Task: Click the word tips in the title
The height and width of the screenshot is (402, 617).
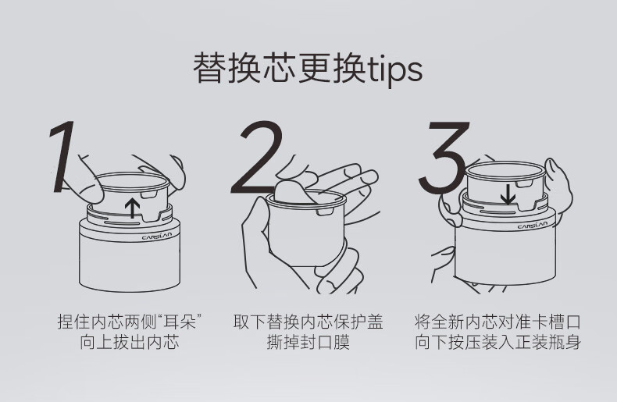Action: click(394, 69)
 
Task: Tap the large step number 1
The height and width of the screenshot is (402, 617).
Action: click(62, 157)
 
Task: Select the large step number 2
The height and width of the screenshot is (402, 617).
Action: click(257, 158)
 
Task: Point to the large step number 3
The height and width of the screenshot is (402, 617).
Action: click(444, 158)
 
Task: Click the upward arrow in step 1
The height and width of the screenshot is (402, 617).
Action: click(133, 208)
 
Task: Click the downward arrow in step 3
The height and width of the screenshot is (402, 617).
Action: click(508, 195)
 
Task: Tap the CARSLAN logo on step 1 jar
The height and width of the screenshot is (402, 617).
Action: click(157, 236)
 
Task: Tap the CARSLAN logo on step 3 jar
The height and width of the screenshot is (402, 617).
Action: click(533, 225)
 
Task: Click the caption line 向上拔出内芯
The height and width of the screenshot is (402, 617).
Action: click(130, 342)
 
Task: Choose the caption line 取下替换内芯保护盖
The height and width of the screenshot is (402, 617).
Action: click(308, 322)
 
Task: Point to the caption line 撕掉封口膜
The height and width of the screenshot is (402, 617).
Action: click(308, 342)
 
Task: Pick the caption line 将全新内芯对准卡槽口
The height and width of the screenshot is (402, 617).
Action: click(498, 322)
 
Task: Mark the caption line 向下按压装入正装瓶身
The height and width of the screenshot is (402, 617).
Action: click(498, 342)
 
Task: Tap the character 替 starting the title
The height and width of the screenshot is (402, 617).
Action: click(209, 68)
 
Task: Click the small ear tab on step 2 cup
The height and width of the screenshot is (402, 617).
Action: click(324, 212)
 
